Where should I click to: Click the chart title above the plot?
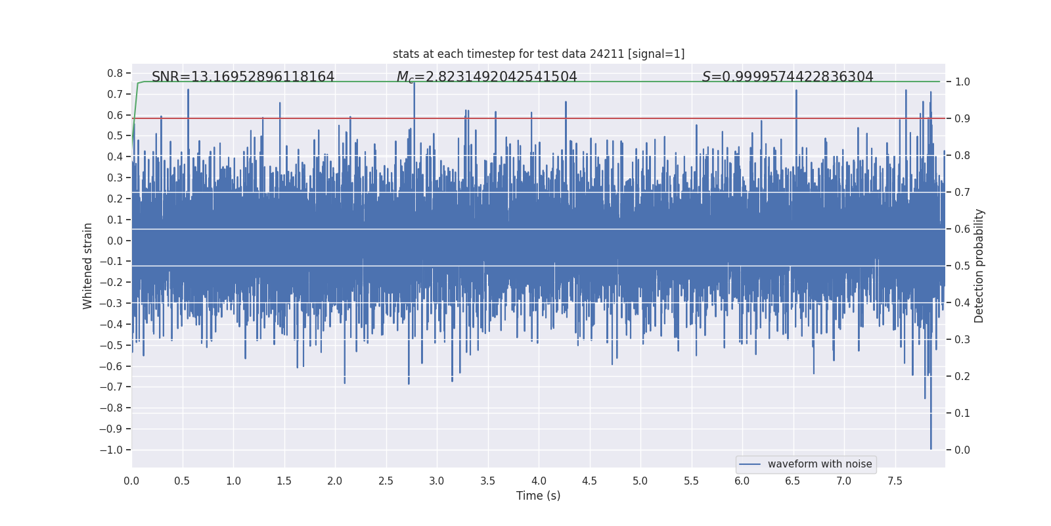coord(539,54)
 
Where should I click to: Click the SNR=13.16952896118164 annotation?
coord(243,77)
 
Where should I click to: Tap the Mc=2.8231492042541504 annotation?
coord(487,77)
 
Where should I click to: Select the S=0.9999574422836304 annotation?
coord(788,77)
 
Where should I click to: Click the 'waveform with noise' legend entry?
coord(819,464)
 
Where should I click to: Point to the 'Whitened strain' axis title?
coord(88,266)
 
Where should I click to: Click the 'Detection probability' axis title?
coord(979,266)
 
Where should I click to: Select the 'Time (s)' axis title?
coord(538,496)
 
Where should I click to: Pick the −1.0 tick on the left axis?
coord(111,450)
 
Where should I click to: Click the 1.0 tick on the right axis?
coord(962,82)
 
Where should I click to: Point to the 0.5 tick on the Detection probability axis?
coord(962,266)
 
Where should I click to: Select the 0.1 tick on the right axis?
coord(962,413)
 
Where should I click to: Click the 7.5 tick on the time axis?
coord(895,481)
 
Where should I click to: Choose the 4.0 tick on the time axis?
coord(539,481)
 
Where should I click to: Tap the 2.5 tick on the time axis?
coord(386,481)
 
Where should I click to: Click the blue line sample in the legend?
coord(749,464)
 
